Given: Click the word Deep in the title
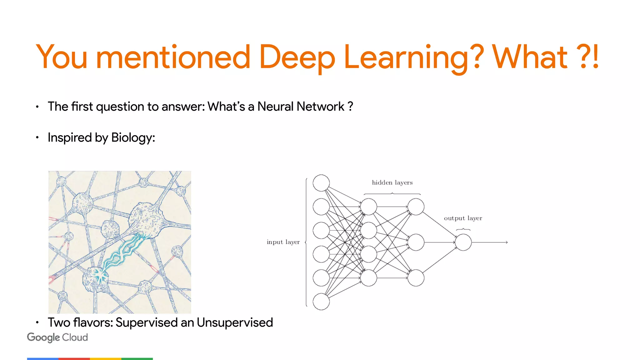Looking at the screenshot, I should (x=297, y=57).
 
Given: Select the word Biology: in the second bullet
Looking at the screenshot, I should (x=133, y=137).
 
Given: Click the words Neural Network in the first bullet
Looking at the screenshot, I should (x=301, y=107).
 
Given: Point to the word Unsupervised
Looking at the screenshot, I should (x=235, y=322).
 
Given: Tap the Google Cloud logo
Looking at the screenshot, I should (x=57, y=337).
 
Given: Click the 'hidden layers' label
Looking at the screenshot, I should (x=392, y=182).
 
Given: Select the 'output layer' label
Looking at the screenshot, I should (x=463, y=218).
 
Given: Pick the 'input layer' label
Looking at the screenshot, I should (x=283, y=242).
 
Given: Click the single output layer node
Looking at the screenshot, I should (x=463, y=242).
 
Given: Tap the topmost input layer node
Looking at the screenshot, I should (x=321, y=183).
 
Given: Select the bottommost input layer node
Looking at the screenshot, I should (x=321, y=302).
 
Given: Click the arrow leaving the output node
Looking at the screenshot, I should (x=491, y=242).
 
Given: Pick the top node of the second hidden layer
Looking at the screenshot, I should (x=416, y=207).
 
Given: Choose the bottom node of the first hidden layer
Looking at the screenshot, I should (x=368, y=278).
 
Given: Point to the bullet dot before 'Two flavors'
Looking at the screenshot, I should (x=37, y=322).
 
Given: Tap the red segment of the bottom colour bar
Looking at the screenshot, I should (x=74, y=359).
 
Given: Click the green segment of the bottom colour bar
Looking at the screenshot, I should (x=137, y=359).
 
